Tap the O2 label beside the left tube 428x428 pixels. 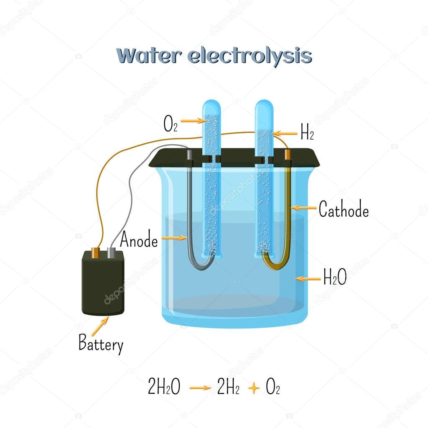pos(171,125)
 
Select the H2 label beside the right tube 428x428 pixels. pos(307,134)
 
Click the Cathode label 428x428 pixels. pos(344,209)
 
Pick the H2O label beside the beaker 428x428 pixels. pos(335,277)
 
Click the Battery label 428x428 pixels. pos(101,345)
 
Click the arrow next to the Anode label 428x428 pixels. pos(174,238)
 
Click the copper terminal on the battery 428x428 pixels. pos(96,252)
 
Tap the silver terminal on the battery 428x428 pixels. pos(112,252)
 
